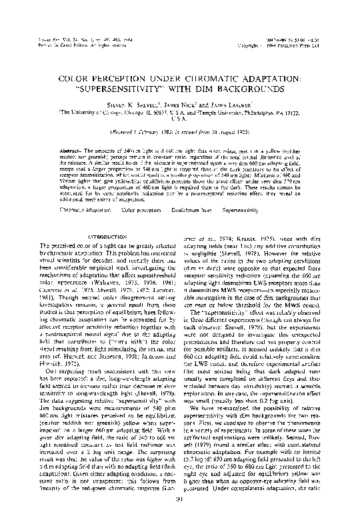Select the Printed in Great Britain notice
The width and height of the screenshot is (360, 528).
70,31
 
